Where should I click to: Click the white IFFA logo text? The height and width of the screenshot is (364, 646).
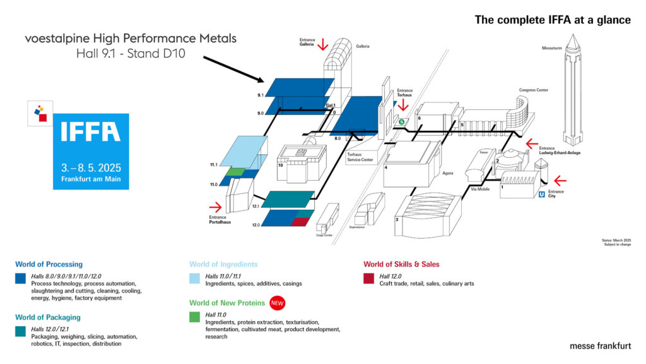(x=91, y=132)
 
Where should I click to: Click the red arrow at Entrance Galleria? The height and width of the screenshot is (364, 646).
(x=323, y=44)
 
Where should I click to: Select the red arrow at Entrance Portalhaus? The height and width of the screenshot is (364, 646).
(x=216, y=207)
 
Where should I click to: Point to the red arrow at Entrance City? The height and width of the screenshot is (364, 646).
(x=560, y=181)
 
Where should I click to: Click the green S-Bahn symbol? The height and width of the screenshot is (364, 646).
(x=401, y=121)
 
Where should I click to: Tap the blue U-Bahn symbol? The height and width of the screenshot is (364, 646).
(x=542, y=195)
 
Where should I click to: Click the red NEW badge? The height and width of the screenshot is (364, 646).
(x=277, y=303)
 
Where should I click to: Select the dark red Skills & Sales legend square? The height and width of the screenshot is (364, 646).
(x=368, y=279)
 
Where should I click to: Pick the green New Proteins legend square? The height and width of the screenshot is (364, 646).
(x=194, y=317)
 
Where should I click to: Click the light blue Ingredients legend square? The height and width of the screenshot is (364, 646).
(x=194, y=279)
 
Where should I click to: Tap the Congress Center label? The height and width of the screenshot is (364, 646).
(x=533, y=90)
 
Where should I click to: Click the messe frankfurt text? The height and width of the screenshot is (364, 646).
(x=599, y=346)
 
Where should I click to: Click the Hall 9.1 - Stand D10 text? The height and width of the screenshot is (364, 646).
(x=131, y=54)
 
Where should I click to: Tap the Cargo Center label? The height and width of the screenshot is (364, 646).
(x=324, y=234)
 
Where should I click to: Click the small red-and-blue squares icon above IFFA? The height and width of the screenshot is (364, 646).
(x=42, y=113)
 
